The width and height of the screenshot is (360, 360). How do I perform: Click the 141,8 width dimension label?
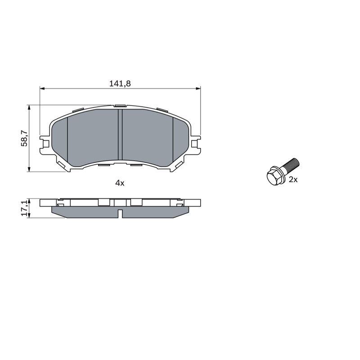point(120,84)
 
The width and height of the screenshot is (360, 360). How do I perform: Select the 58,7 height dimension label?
point(24,138)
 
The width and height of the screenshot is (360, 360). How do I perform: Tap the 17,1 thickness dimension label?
point(24,207)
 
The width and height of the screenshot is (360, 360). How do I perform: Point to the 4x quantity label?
point(120,183)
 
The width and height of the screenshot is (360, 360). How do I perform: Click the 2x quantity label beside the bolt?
point(293,180)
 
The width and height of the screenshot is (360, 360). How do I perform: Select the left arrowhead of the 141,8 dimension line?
point(42,88)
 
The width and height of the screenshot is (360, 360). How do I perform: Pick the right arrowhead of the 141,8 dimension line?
point(198,88)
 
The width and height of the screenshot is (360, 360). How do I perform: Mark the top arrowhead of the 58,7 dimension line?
point(29,108)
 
